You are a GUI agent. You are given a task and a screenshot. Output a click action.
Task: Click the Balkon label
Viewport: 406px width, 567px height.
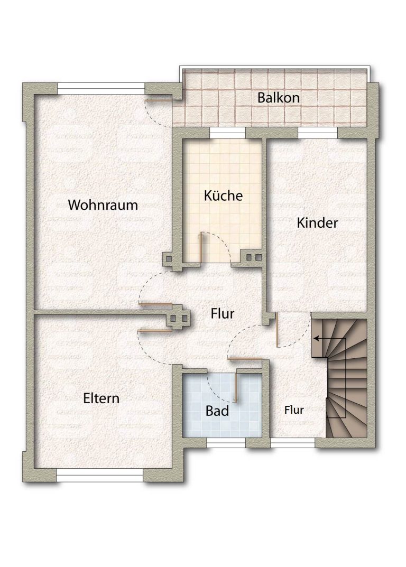pos(278,98)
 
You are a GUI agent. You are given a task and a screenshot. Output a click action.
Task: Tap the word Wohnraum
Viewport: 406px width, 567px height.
pos(103,205)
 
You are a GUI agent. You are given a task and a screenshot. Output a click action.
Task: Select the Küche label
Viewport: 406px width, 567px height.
pos(223,196)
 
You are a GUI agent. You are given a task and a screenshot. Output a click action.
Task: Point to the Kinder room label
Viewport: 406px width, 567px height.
pos(317,223)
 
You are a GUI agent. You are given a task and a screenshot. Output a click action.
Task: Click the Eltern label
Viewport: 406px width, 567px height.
pos(101,398)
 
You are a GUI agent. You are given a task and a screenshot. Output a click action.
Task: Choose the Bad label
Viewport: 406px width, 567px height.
pos(217,411)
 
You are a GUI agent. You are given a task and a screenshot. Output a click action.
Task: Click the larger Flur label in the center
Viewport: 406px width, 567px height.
pos(222,313)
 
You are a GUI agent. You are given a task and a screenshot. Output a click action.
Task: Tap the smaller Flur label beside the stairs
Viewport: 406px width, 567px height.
pos(294,410)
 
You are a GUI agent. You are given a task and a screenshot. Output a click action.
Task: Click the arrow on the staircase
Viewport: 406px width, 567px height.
pos(330,339)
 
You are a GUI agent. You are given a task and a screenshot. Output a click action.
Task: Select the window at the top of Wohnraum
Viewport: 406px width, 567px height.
pos(101,86)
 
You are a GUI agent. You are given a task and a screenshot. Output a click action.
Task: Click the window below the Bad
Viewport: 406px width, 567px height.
pos(226,442)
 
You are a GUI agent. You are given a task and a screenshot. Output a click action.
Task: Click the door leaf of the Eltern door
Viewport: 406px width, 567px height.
pos(155,330)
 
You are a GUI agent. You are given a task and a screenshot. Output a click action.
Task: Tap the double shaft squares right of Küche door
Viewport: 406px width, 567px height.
pos(254,257)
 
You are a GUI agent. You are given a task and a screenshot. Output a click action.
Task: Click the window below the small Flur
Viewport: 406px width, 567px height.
pos(293,442)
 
